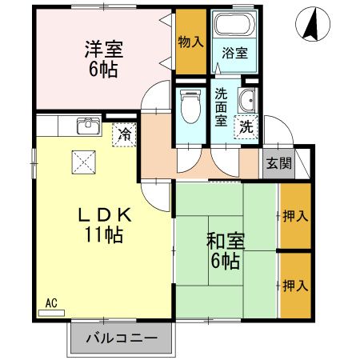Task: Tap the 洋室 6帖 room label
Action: (x=102, y=59)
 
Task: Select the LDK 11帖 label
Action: (x=104, y=226)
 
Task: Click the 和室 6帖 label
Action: (x=226, y=249)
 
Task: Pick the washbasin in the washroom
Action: (x=248, y=102)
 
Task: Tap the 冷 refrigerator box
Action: (x=125, y=134)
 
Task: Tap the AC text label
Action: (x=50, y=302)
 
